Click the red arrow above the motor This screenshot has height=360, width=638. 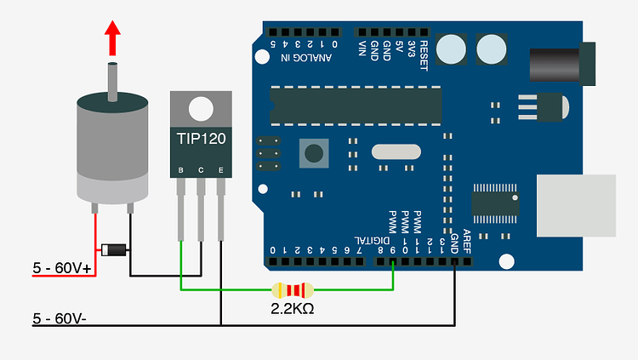tap(112, 38)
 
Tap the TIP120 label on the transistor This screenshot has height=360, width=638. tap(201, 138)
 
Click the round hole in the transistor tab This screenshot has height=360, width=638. tap(201, 108)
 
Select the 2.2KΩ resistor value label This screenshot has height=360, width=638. tap(292, 308)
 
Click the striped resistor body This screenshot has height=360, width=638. tap(291, 289)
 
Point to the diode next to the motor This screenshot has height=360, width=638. tap(113, 249)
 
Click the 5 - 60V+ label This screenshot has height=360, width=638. tap(63, 269)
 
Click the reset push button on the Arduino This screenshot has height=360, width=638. tap(315, 153)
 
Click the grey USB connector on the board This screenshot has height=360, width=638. tap(576, 205)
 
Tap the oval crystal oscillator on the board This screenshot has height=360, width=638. tap(396, 152)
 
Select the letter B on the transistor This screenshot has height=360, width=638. tap(180, 171)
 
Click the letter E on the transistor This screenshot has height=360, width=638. tap(221, 171)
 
